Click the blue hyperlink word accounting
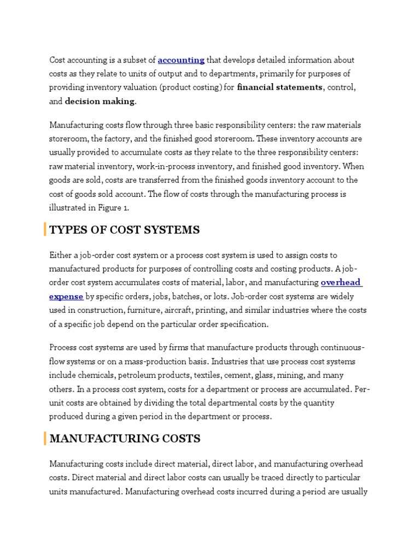181,60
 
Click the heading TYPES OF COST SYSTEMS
125,230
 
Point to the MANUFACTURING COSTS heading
125,439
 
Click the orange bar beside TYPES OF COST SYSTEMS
45,230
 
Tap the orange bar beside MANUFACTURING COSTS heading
45,439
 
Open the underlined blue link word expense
66,296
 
